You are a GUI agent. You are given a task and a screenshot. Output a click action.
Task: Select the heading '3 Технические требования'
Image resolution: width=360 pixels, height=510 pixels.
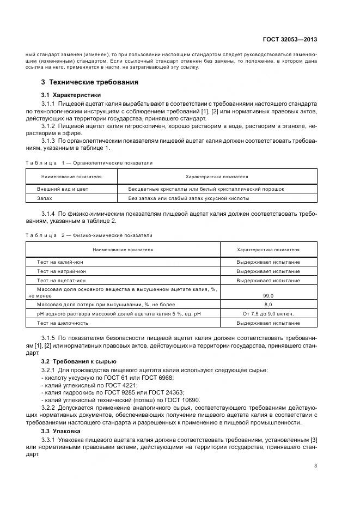click(x=90, y=82)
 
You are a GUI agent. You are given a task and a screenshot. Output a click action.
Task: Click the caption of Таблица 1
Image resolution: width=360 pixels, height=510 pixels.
click(x=89, y=162)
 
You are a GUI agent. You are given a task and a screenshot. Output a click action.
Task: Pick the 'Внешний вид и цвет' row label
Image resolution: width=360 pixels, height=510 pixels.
click(x=62, y=189)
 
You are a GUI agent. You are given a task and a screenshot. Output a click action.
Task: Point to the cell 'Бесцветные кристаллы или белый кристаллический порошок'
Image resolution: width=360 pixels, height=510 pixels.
click(x=206, y=189)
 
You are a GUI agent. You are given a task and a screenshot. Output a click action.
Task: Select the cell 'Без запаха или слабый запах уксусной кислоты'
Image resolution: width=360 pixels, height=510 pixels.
click(x=186, y=199)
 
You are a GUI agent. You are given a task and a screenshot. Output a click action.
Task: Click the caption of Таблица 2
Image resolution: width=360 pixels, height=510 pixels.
click(x=89, y=235)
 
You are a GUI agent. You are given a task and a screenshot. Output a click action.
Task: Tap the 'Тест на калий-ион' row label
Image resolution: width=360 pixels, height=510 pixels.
click(x=60, y=262)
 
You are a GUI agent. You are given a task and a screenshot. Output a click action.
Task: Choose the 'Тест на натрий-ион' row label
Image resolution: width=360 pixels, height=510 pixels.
click(x=61, y=271)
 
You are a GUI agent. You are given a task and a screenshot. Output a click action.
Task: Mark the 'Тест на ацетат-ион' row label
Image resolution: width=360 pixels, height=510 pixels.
click(x=61, y=280)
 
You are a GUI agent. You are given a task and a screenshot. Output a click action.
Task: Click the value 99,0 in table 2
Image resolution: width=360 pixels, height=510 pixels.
click(x=268, y=295)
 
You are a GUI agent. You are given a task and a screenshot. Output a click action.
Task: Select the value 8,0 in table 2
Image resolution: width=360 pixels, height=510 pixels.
click(x=268, y=305)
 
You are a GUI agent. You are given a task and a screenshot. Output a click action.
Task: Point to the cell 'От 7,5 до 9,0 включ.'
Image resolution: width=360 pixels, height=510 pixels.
click(x=268, y=314)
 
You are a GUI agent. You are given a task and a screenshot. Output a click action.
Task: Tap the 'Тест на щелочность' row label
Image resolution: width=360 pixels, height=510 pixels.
click(x=62, y=323)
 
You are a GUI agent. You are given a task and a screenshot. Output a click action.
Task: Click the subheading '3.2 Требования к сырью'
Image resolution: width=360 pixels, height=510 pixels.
click(x=78, y=361)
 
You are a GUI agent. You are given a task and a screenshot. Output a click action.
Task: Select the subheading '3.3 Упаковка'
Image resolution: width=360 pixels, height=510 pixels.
click(x=61, y=430)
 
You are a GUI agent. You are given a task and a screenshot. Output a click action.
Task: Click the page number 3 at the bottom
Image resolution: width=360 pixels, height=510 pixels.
click(x=315, y=466)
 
